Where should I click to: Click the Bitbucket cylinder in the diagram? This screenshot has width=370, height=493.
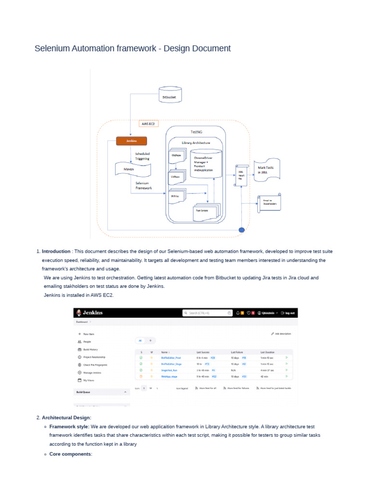pyautogui.click(x=172, y=95)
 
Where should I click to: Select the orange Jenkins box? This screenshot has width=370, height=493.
pyautogui.click(x=131, y=141)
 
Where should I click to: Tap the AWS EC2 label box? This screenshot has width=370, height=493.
pyautogui.click(x=148, y=124)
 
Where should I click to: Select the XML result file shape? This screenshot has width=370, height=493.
pyautogui.click(x=241, y=175)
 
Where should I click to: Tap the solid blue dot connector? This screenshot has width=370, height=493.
pyautogui.click(x=242, y=230)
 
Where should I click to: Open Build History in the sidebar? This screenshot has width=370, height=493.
pyautogui.click(x=91, y=349)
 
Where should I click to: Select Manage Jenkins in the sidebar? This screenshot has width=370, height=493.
pyautogui.click(x=92, y=373)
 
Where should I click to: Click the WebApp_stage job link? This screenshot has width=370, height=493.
pyautogui.click(x=169, y=376)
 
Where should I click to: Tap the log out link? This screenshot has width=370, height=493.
pyautogui.click(x=288, y=313)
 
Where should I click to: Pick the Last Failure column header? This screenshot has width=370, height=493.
pyautogui.click(x=238, y=352)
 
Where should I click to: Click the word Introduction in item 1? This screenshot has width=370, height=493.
pyautogui.click(x=56, y=251)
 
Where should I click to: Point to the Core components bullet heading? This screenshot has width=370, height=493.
pyautogui.click(x=70, y=454)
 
